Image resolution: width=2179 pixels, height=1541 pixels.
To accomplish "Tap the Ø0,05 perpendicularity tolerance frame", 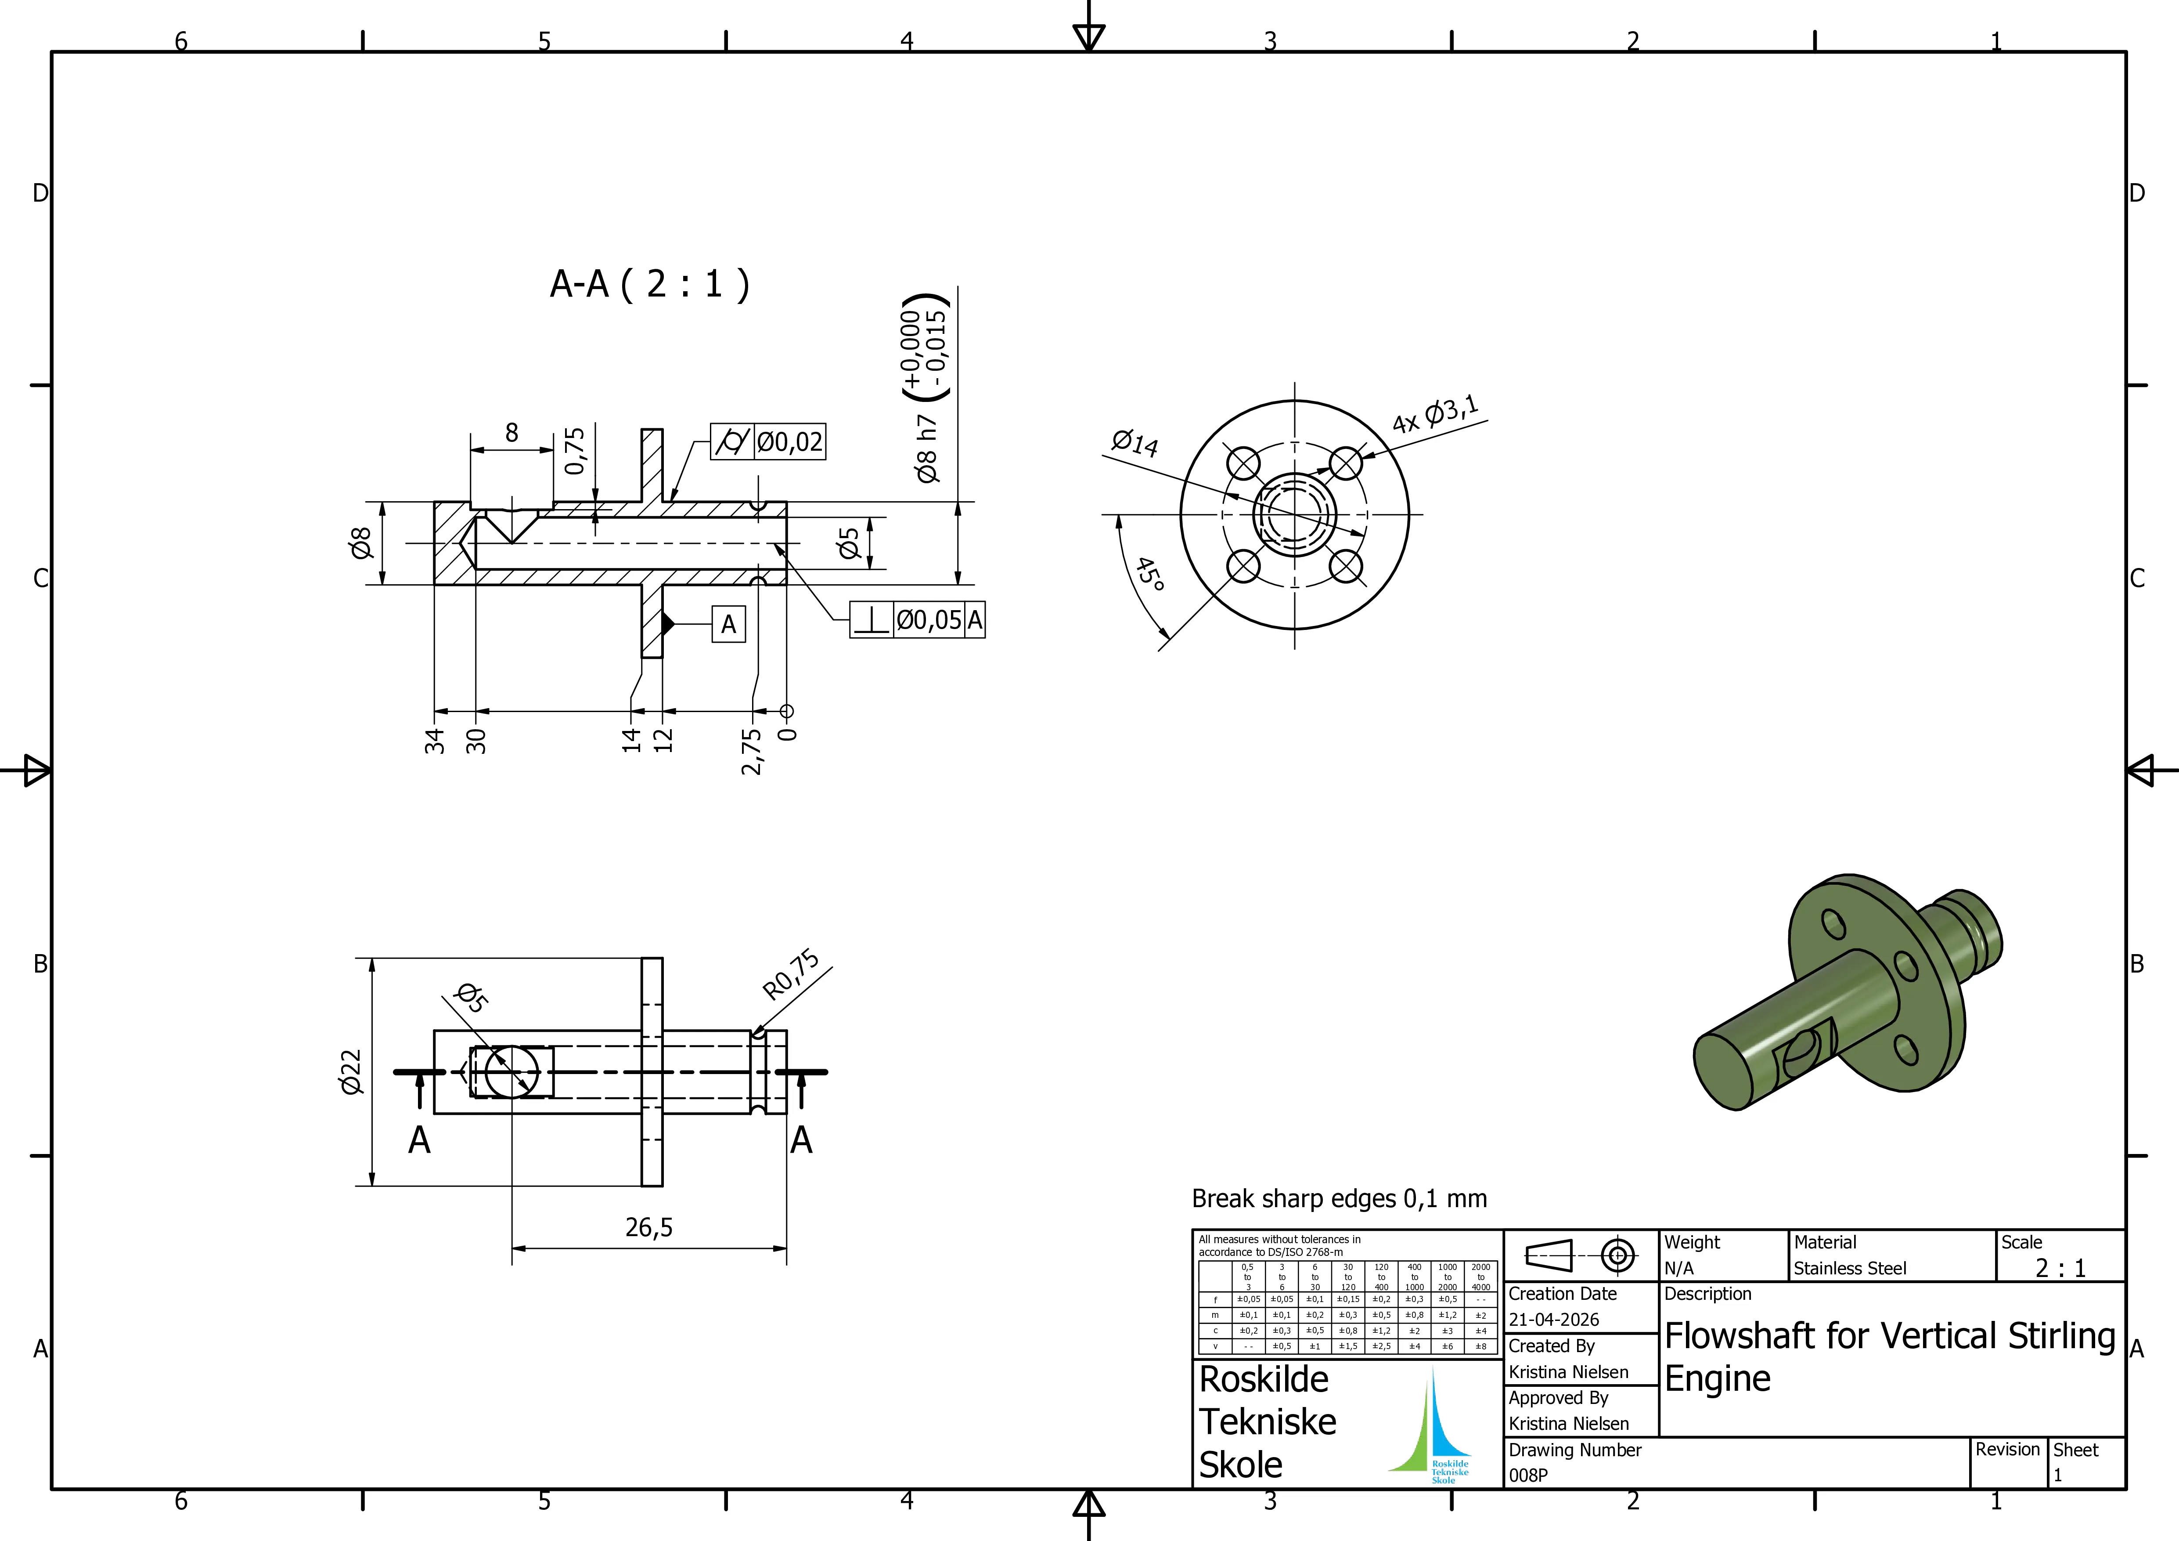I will (917, 620).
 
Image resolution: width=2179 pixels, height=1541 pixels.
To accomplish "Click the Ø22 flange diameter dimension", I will (351, 1072).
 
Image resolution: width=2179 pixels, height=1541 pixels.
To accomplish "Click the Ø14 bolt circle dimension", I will (1135, 442).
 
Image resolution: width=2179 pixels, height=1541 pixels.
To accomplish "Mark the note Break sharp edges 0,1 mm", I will (1339, 1199).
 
